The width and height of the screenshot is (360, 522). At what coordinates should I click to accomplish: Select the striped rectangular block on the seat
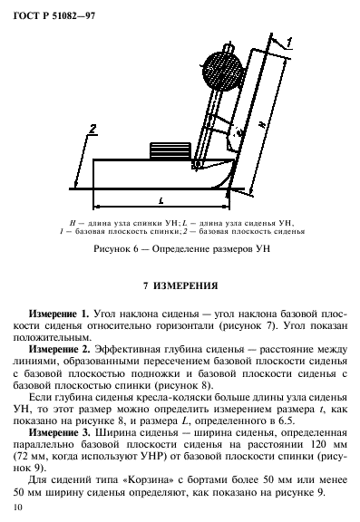[169, 150]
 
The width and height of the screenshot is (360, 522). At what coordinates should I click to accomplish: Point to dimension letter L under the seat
[160, 197]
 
